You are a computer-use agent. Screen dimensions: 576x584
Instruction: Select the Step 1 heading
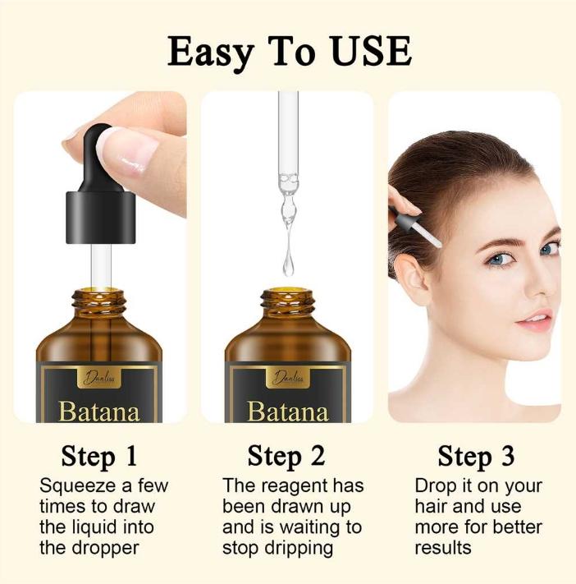tap(99, 456)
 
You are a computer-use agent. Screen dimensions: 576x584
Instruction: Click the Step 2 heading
tap(286, 456)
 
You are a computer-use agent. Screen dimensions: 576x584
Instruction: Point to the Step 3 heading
tap(476, 456)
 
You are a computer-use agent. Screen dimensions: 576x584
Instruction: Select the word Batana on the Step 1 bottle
tap(99, 412)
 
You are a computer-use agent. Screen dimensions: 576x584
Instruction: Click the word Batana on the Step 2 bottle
tap(288, 412)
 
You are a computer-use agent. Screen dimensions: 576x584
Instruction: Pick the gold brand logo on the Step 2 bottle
tap(288, 378)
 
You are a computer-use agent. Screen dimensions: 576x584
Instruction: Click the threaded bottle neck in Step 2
tap(288, 301)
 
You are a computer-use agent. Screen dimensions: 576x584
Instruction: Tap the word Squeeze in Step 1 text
tap(78, 486)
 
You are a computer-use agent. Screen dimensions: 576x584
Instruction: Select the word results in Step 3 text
tap(443, 548)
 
